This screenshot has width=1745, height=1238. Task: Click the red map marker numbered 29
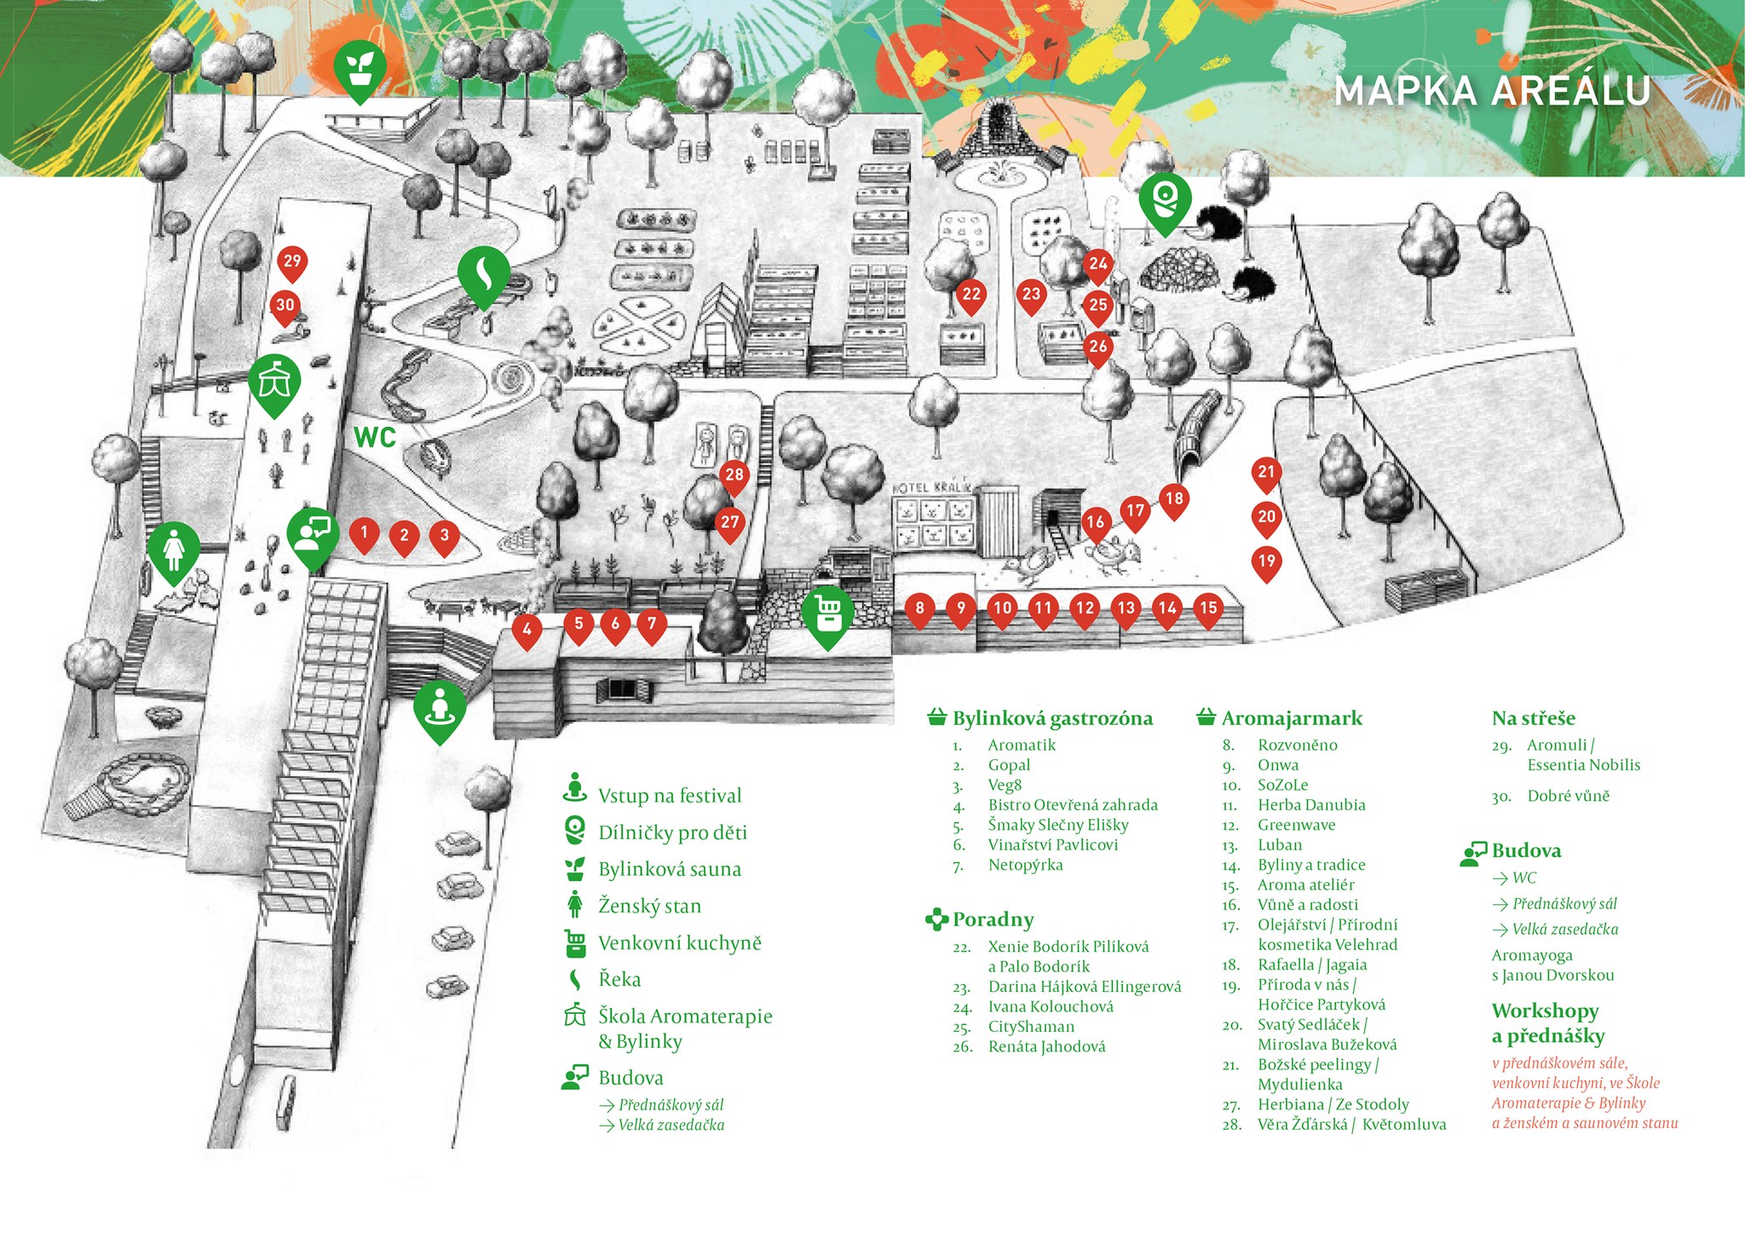[292, 262]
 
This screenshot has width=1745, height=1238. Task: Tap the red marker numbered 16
[1096, 523]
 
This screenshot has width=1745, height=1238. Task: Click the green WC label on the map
[375, 437]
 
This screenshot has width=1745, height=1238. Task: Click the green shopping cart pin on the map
[827, 613]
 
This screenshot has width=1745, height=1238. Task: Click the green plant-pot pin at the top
[360, 68]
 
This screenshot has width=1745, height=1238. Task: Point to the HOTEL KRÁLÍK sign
[932, 487]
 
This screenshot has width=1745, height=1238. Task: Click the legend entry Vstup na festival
[669, 796]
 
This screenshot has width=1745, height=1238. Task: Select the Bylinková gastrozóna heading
[1051, 718]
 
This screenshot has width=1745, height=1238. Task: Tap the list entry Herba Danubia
[1310, 805]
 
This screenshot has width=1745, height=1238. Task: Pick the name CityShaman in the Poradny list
[1031, 1027]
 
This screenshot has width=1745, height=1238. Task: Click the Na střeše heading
[1533, 718]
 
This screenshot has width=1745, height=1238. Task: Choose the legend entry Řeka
[619, 980]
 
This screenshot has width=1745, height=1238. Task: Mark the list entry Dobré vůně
[1568, 796]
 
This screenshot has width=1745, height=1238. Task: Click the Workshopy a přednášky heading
[1546, 1023]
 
